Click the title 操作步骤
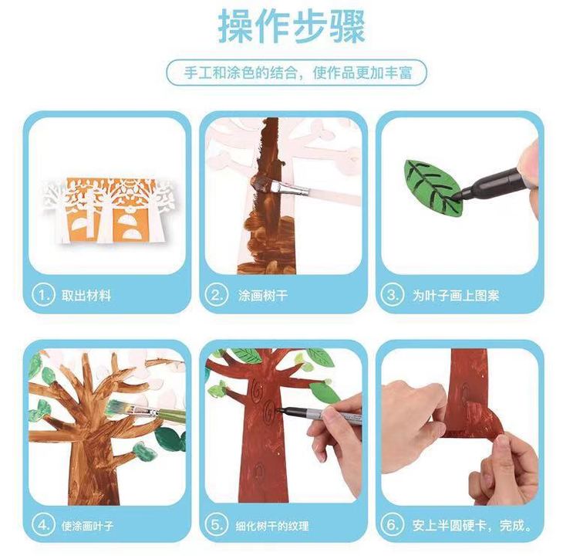coord(292,26)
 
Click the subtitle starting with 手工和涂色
coord(298,73)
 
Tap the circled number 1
coord(43,295)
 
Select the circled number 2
coord(217,295)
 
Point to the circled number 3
coord(393,295)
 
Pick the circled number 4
coord(43,525)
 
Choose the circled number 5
coord(217,525)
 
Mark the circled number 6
coord(393,525)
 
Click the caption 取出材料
coord(86,296)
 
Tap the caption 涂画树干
coord(263,296)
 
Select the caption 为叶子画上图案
coord(456,296)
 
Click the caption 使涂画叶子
coord(87,526)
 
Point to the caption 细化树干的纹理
coord(271,526)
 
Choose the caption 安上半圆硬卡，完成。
coord(472,525)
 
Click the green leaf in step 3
coord(433,188)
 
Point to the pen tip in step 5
coord(278,409)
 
